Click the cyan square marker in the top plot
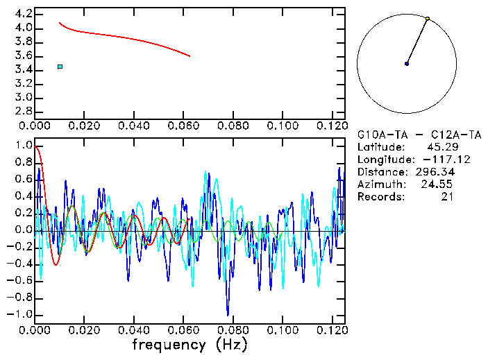point(60,67)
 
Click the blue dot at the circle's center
point(407,64)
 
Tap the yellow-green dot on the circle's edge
point(428,18)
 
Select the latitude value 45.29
point(441,147)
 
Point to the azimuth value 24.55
point(438,185)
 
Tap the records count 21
point(446,197)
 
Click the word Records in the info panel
point(380,197)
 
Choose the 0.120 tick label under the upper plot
point(332,127)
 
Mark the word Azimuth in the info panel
point(380,185)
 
